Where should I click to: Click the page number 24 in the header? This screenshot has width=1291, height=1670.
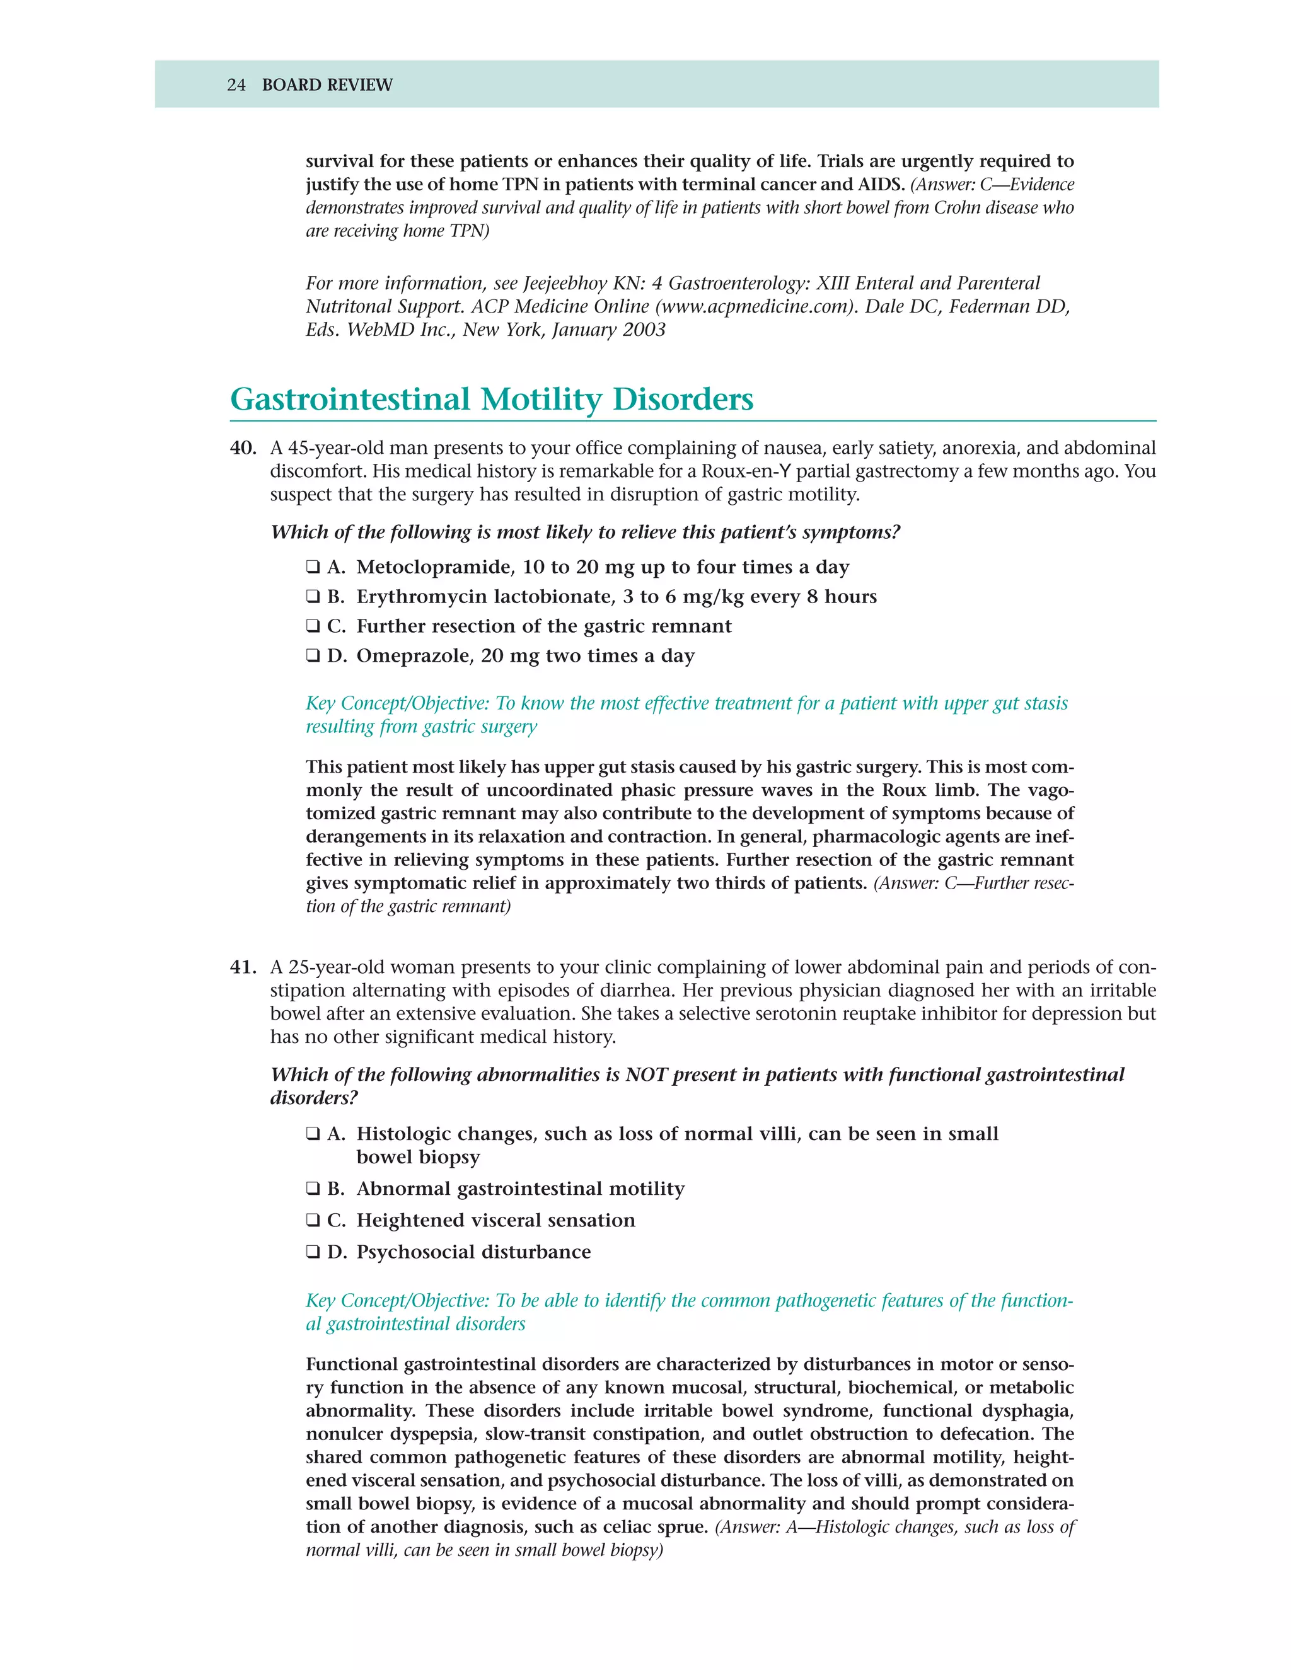tap(236, 85)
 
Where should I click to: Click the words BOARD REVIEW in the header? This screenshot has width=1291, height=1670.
tap(327, 85)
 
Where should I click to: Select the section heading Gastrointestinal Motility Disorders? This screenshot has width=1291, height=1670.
tap(491, 399)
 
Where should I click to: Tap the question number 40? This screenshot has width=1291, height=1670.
tap(243, 448)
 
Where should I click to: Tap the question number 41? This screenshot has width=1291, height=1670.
tap(243, 967)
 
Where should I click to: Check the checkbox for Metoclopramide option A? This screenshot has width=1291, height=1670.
tap(313, 567)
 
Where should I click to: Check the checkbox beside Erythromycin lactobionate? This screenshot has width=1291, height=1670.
tap(313, 597)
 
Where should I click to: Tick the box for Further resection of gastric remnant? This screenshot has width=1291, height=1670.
tap(313, 626)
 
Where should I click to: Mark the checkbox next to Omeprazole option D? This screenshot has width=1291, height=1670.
tap(313, 656)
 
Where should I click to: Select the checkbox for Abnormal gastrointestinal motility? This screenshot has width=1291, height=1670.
tap(313, 1189)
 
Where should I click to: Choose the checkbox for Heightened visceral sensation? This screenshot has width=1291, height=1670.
tap(313, 1221)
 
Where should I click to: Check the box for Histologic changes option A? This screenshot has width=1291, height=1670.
tap(313, 1134)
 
